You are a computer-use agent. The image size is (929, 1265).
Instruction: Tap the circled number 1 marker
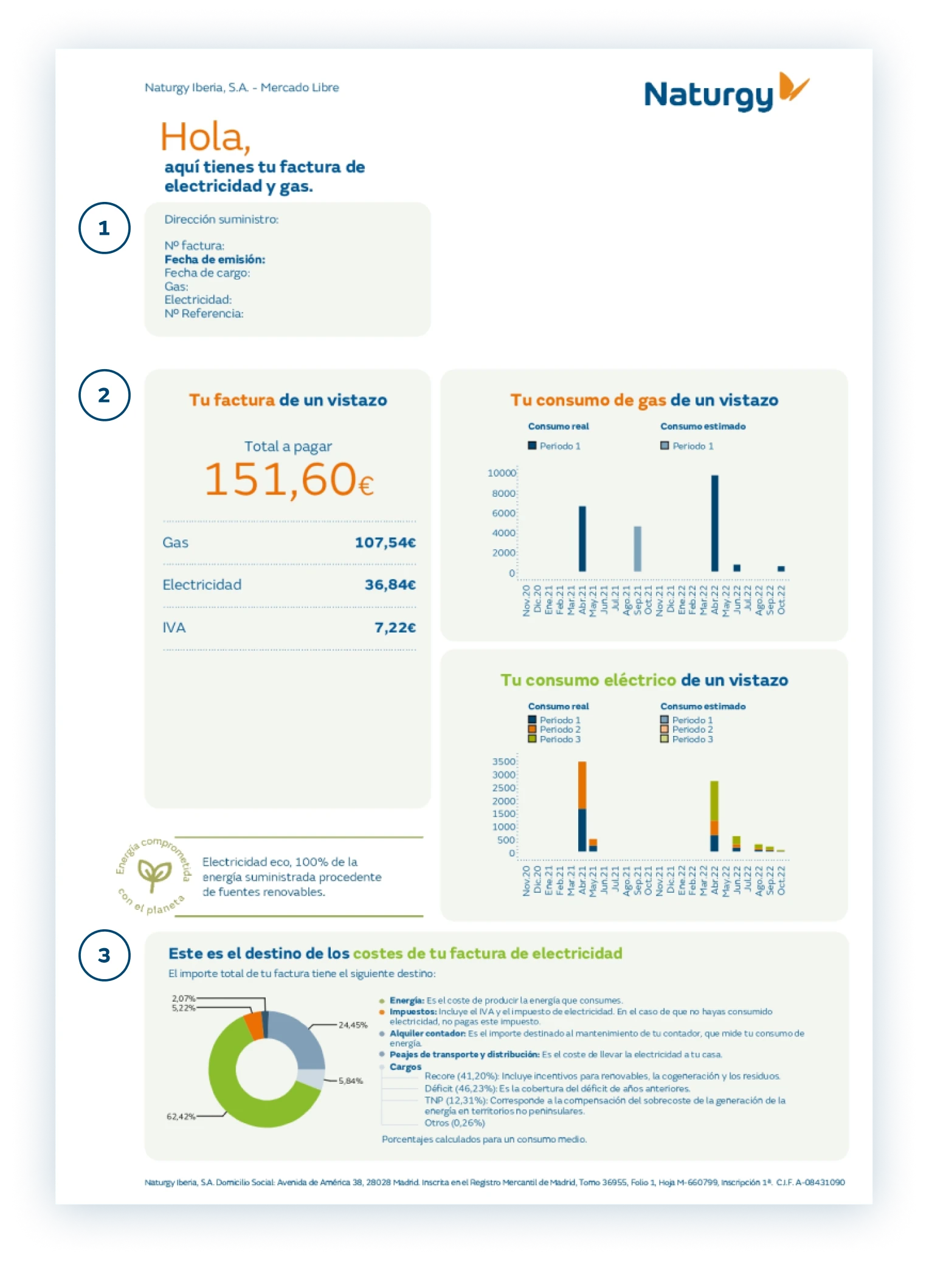pos(105,228)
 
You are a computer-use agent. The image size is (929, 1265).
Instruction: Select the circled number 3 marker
pos(105,955)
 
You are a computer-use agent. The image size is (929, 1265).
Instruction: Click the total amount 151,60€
pos(288,480)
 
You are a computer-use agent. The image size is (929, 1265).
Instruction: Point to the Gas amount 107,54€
pos(385,542)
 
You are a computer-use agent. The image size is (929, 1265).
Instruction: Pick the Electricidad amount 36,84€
pos(390,585)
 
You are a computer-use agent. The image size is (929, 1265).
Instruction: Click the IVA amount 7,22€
pos(395,628)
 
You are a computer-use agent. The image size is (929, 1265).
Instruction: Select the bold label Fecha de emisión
pos(215,260)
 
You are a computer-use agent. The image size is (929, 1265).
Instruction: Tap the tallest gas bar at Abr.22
pos(714,523)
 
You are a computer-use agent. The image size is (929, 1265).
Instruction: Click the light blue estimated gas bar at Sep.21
pos(637,549)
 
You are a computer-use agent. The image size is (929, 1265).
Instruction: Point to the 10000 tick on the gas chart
pos(502,473)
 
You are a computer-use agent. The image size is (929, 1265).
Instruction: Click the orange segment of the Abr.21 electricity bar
pos(582,785)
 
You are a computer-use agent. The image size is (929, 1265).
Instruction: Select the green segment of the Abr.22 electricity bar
pos(714,800)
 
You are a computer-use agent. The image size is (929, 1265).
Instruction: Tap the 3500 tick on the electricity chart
pos(504,761)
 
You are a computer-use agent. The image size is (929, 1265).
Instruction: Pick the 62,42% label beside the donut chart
pos(181,1117)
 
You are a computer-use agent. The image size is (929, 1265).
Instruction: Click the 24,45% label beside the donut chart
pos(353,1025)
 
